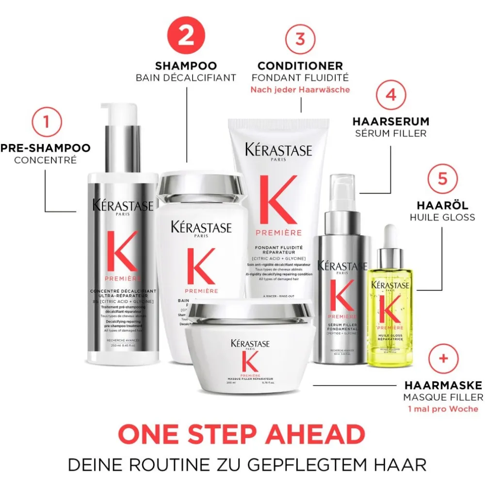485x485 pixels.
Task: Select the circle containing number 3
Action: [x=300, y=38]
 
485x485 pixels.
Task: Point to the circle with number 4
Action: [x=390, y=94]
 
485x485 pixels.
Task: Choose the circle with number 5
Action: [x=442, y=178]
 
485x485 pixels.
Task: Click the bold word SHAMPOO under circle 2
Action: [x=186, y=65]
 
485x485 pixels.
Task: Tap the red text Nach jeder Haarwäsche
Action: [x=300, y=90]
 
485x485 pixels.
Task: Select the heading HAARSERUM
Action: [x=390, y=121]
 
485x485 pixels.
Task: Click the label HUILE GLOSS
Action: [x=442, y=217]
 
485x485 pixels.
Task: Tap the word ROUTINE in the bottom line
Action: [x=171, y=464]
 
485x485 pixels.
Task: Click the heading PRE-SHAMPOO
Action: [x=46, y=148]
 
